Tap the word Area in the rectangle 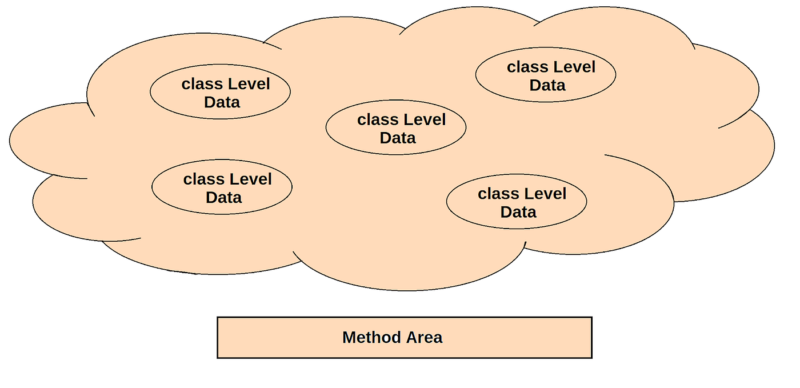pyautogui.click(x=425, y=338)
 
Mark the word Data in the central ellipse pyautogui.click(x=398, y=138)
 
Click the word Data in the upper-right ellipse pyautogui.click(x=547, y=86)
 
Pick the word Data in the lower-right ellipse pyautogui.click(x=518, y=213)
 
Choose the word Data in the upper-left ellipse pyautogui.click(x=222, y=103)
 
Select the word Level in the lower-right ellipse pyautogui.click(x=544, y=194)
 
